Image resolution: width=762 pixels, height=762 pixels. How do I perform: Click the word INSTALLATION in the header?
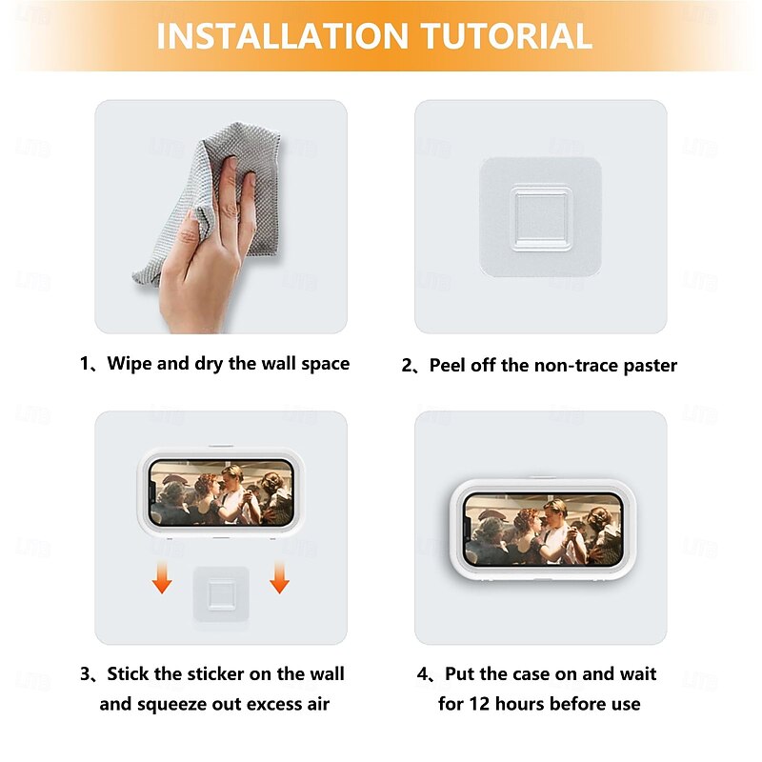point(282,36)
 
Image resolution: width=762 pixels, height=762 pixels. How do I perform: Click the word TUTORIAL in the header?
point(507,36)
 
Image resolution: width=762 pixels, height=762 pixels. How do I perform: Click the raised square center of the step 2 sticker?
point(540,217)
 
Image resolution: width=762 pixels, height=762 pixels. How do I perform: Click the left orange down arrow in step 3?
point(162,577)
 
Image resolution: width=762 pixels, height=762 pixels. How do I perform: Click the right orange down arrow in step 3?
point(279,577)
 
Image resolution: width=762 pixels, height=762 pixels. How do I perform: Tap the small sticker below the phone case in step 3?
point(221,593)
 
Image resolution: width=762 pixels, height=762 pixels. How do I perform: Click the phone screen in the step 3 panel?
point(221,492)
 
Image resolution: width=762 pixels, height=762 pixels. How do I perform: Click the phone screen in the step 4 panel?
point(543,529)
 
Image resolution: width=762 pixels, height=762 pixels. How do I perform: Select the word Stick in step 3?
point(129,674)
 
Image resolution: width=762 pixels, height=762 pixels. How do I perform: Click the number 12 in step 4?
point(479,704)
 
